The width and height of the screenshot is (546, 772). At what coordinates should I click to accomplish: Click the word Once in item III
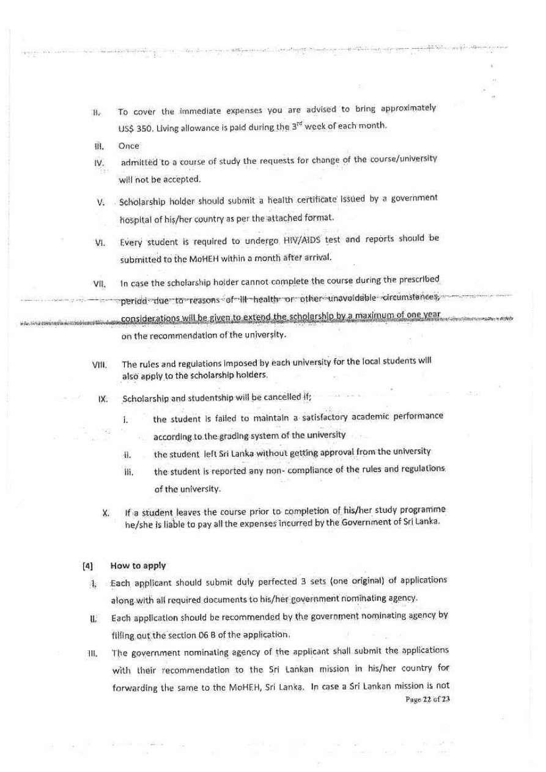point(129,146)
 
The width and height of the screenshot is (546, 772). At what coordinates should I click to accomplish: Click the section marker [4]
point(88,566)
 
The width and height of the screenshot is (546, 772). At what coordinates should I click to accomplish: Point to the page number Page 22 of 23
point(427,699)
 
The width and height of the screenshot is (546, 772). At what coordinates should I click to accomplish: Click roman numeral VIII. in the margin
point(100,365)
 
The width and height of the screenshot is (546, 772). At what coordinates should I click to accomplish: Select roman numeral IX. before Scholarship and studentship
point(103,399)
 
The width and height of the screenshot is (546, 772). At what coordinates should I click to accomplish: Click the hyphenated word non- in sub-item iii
point(259,469)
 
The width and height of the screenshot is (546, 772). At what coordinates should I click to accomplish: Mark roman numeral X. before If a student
point(106,513)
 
